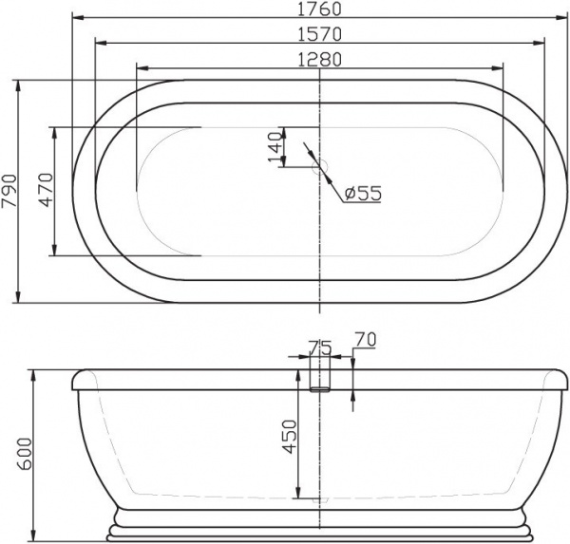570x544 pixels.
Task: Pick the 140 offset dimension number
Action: coord(275,147)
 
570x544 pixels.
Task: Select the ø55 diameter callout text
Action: coord(362,193)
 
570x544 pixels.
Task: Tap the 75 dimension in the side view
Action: coord(319,348)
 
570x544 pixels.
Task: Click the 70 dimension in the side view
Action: coord(365,339)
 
